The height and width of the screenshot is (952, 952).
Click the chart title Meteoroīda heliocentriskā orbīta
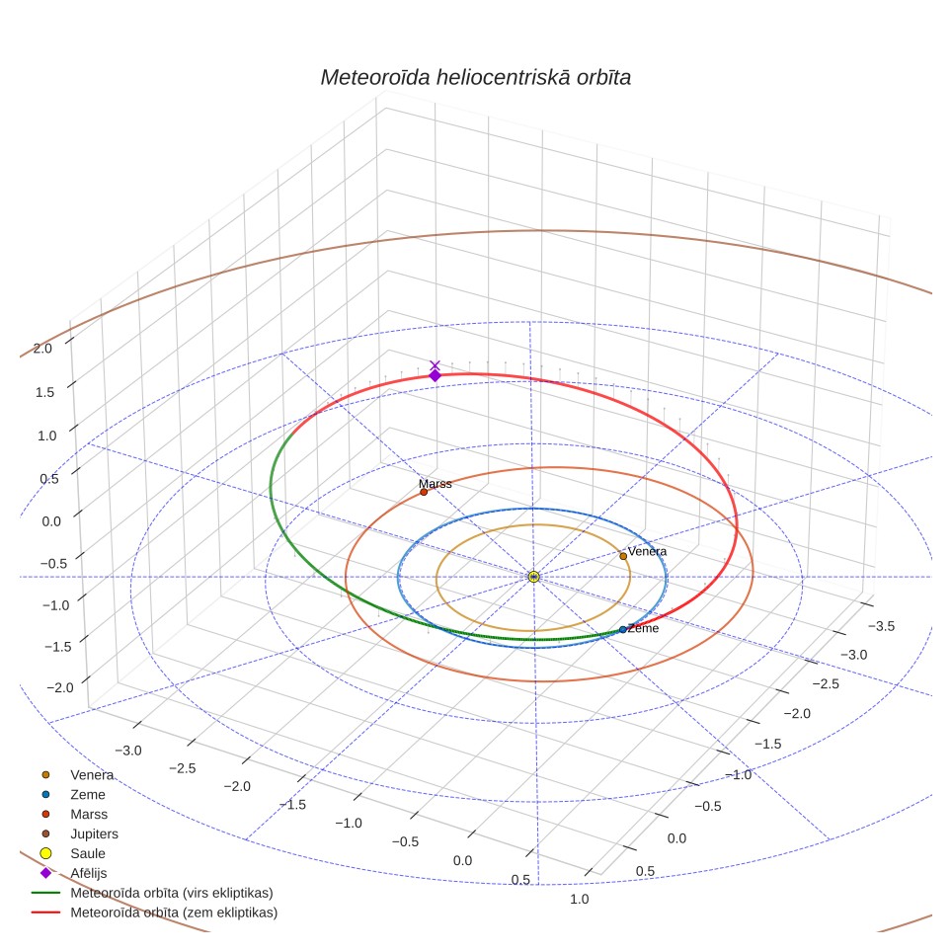pos(475,78)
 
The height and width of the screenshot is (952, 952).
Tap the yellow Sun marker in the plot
pos(533,577)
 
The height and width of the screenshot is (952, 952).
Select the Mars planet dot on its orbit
pos(424,492)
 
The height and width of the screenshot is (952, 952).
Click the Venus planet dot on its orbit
pos(623,556)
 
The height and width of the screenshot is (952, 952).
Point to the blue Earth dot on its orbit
pos(623,630)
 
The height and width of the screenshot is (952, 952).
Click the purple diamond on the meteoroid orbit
pos(435,376)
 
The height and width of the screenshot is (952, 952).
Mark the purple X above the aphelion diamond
pos(435,364)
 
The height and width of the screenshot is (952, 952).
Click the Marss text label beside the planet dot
pos(436,483)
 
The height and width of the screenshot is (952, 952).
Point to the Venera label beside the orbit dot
pos(647,551)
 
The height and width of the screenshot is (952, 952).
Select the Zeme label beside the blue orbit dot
pos(644,628)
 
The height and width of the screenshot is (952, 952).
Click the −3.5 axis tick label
pos(881,626)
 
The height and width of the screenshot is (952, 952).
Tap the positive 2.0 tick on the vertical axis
pos(42,349)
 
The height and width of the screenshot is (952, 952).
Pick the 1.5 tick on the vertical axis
pos(44,392)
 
